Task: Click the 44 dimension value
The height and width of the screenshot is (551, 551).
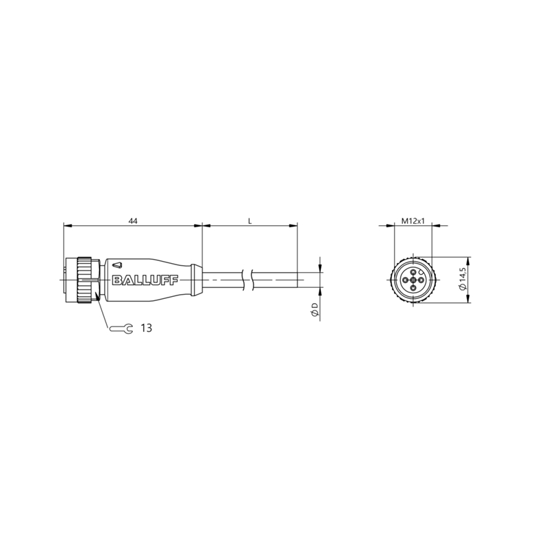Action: coord(132,221)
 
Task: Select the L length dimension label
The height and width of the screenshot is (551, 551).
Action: coord(250,221)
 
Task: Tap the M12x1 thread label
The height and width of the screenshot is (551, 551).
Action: coord(413,221)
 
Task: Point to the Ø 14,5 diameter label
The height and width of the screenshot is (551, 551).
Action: coord(462,279)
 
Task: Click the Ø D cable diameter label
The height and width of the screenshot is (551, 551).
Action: coord(315,311)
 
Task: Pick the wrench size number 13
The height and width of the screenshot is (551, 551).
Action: coord(146,328)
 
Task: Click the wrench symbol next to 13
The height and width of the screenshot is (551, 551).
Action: coord(121,329)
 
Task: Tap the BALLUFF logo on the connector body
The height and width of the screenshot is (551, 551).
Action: coord(145,280)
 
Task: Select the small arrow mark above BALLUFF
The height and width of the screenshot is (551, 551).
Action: coord(117,264)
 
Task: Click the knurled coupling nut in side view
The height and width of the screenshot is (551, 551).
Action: coord(84,280)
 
